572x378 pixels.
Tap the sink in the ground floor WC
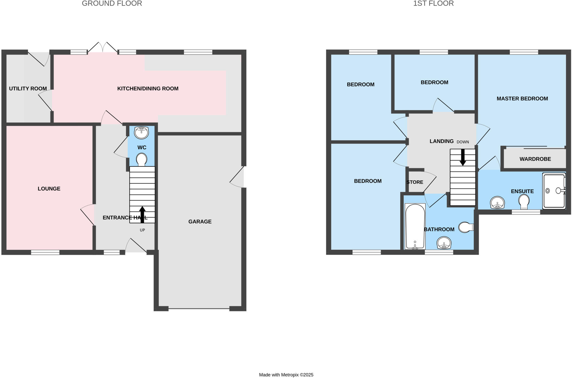pos(141,132)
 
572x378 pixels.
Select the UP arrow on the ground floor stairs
pos(142,214)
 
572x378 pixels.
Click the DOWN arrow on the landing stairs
pos(463,157)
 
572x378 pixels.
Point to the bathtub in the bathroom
pos(415,226)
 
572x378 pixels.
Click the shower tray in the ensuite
pos(554,191)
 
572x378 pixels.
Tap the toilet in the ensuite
pos(524,201)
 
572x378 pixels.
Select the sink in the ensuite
pos(497,203)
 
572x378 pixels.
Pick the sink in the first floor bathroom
pos(444,243)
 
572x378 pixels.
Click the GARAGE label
pos(200,222)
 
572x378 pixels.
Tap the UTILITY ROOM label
pos(28,89)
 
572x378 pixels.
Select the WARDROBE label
pos(535,159)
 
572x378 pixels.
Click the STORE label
pos(415,182)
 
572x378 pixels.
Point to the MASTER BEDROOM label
pos(522,99)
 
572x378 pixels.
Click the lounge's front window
pos(45,252)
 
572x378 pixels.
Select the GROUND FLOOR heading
pos(112,3)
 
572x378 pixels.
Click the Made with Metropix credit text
pos(286,375)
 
